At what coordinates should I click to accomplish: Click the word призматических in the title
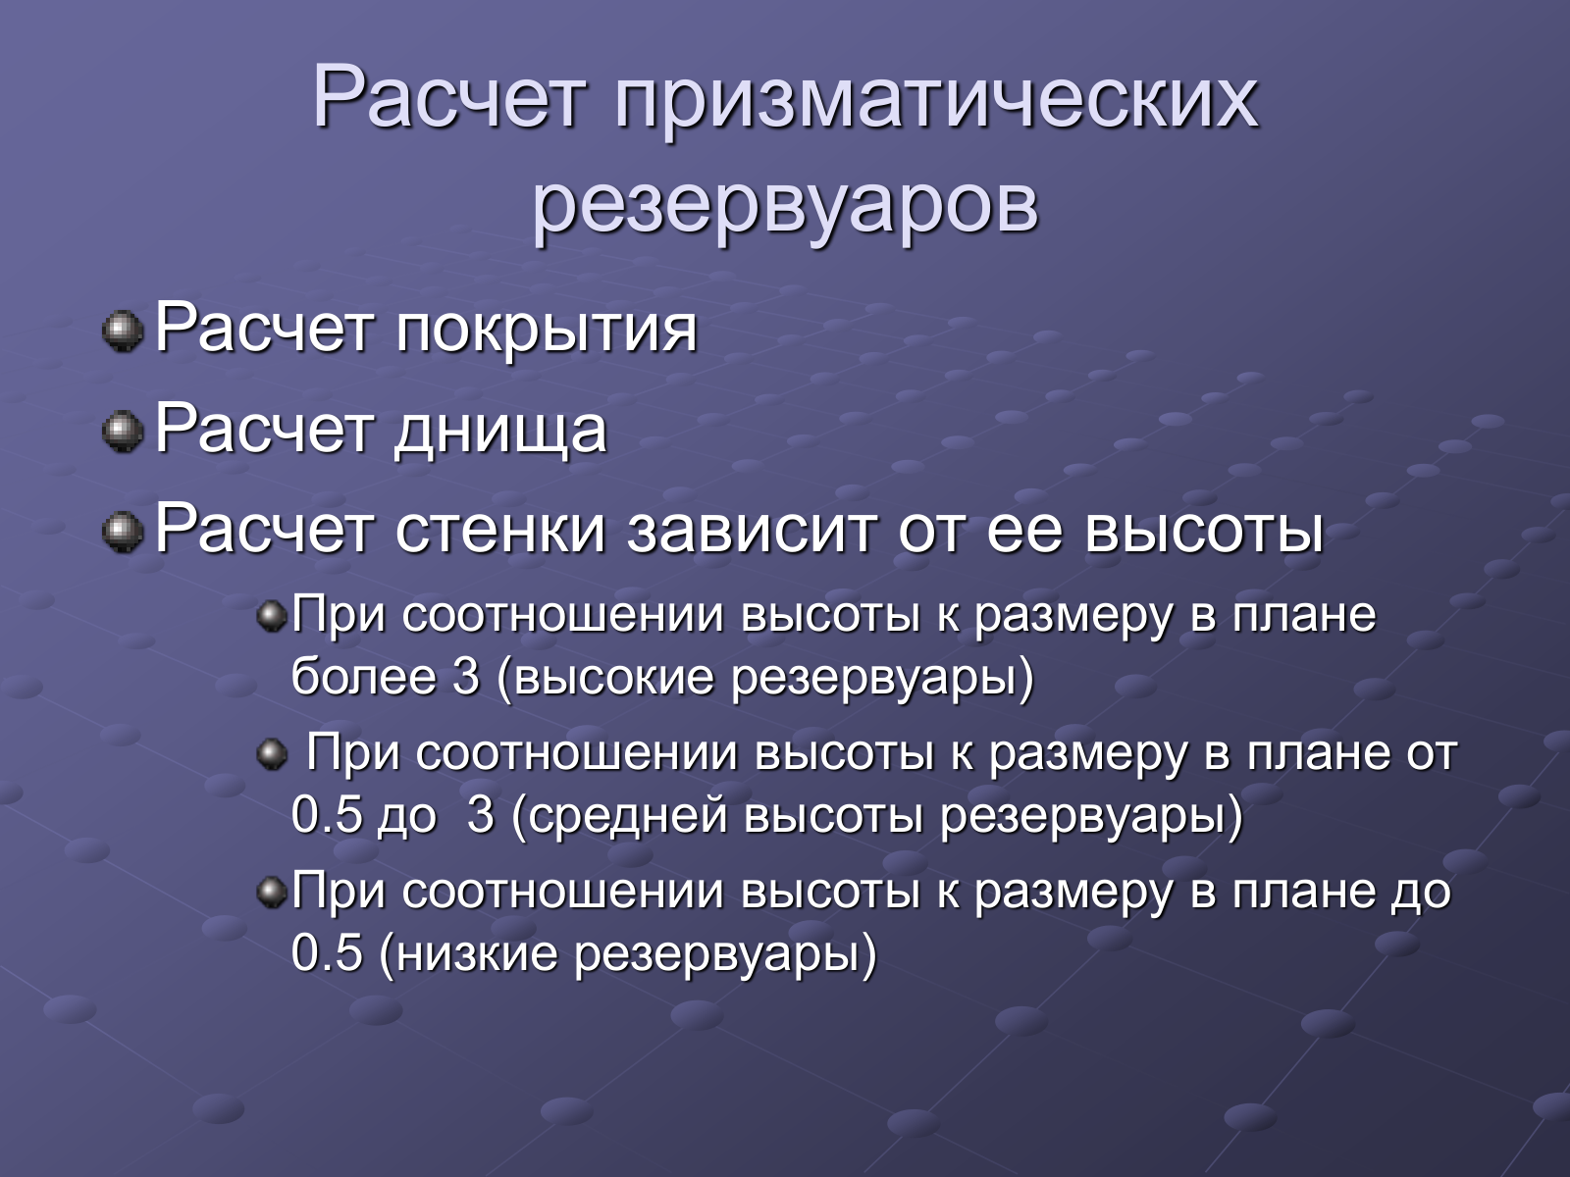[x=935, y=100]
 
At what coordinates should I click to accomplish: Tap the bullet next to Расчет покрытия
[x=123, y=332]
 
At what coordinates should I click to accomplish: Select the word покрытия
[x=546, y=332]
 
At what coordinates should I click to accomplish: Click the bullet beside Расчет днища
[x=123, y=432]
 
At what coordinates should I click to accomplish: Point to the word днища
[x=500, y=432]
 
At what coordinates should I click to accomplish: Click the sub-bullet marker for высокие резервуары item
[x=272, y=616]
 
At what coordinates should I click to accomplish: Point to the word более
[x=363, y=676]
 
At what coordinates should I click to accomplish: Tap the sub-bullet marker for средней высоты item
[x=272, y=754]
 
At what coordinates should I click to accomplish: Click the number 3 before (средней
[x=480, y=814]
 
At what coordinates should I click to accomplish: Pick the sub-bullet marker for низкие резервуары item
[x=272, y=892]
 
